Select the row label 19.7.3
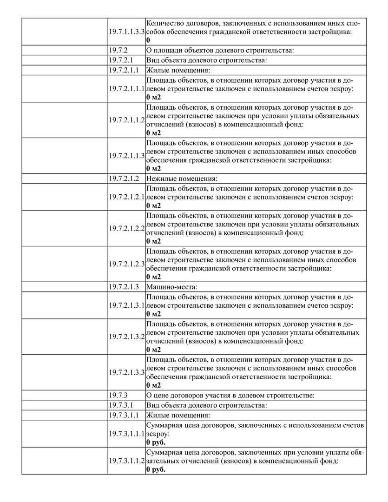118,395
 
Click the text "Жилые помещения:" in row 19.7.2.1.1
178,70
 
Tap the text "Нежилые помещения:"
182,178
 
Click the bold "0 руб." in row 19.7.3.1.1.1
156,442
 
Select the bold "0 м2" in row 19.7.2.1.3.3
153,385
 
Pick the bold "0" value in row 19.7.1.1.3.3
148,40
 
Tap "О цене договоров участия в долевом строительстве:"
231,395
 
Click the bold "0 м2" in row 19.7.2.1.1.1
153,97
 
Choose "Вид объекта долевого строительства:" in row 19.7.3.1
207,405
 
